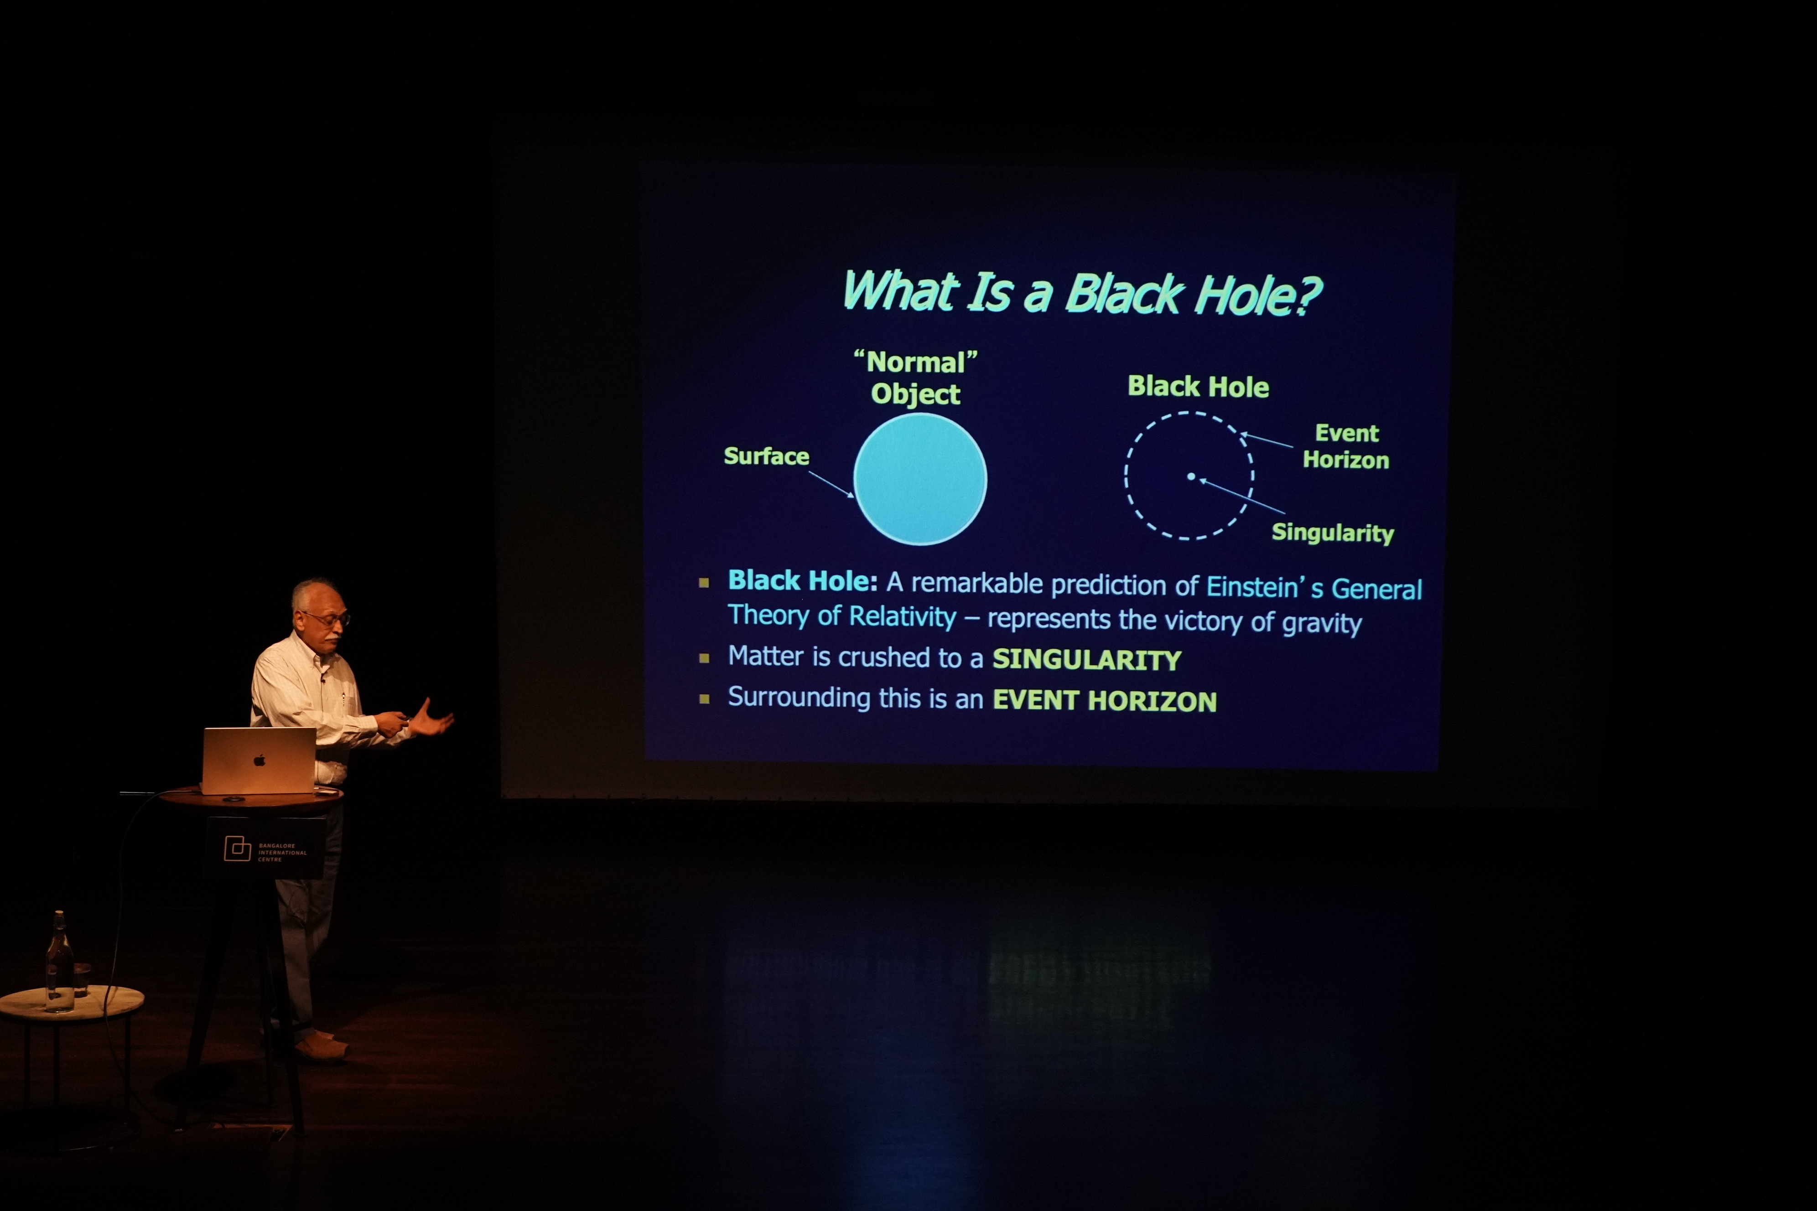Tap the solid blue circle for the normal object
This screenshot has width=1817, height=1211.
pyautogui.click(x=920, y=479)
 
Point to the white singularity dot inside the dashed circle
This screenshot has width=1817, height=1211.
pyautogui.click(x=1191, y=476)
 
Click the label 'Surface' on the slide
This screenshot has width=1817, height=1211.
pyautogui.click(x=766, y=456)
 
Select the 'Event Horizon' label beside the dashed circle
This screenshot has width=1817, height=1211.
pyautogui.click(x=1346, y=446)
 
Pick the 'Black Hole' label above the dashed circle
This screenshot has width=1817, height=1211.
pyautogui.click(x=1198, y=386)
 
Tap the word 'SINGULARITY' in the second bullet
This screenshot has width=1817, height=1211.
pyautogui.click(x=1087, y=660)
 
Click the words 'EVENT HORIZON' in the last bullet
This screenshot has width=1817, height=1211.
pyautogui.click(x=1105, y=700)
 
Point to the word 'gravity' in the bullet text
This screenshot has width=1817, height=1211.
pyautogui.click(x=1322, y=622)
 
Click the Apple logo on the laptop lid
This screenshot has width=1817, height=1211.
pyautogui.click(x=260, y=761)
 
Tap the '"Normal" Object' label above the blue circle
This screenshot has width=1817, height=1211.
pyautogui.click(x=915, y=378)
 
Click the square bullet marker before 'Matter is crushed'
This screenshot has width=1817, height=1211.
pyautogui.click(x=704, y=658)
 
